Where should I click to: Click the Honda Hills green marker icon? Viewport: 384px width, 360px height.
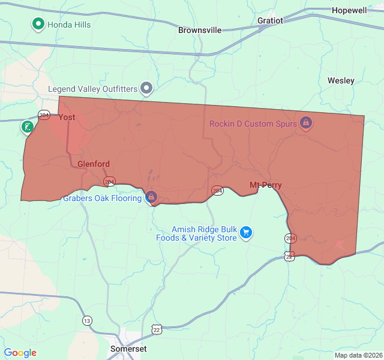[38, 24]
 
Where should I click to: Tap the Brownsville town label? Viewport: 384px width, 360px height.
[200, 30]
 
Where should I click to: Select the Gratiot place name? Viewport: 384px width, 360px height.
[270, 20]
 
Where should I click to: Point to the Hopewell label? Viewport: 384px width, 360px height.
[349, 11]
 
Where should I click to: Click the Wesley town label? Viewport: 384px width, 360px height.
[341, 80]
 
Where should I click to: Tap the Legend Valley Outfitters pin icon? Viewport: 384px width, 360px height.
[147, 89]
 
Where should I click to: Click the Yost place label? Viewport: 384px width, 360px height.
[67, 118]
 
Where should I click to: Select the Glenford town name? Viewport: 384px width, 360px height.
[94, 164]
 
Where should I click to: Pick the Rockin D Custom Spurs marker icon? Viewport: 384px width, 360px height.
[305, 123]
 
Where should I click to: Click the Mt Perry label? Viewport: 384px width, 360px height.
[266, 185]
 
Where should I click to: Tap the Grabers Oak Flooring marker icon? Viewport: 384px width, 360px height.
[151, 197]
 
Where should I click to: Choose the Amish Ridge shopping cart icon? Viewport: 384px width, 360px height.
[245, 233]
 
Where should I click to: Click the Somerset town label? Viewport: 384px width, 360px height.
[128, 349]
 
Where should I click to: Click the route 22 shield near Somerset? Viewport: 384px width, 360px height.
[157, 329]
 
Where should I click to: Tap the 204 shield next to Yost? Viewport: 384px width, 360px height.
[44, 115]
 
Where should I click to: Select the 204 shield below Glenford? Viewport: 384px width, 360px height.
[109, 181]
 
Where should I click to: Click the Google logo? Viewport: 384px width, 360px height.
[20, 353]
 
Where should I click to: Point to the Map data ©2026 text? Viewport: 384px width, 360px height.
[358, 355]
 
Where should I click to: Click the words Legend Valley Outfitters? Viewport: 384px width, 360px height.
[93, 89]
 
